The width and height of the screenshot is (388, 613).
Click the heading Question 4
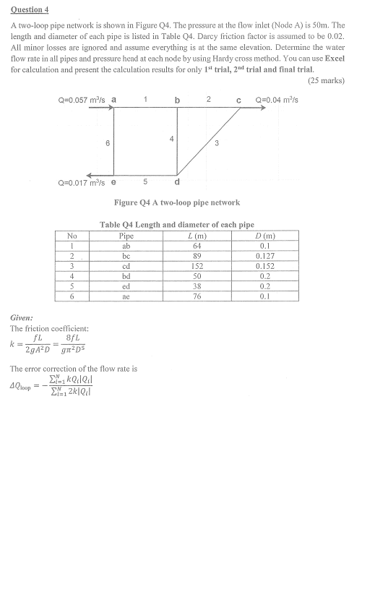[x=30, y=9]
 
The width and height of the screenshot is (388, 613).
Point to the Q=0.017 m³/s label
[x=82, y=181]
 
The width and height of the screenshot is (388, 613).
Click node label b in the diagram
[x=178, y=100]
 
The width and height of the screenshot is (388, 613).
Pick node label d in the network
[x=178, y=181]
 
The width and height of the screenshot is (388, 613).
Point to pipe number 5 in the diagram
[x=145, y=181]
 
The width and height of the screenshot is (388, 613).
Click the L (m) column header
[x=196, y=236]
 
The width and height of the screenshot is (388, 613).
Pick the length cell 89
[x=196, y=256]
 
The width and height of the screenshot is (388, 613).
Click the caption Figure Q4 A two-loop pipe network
[x=177, y=202]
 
